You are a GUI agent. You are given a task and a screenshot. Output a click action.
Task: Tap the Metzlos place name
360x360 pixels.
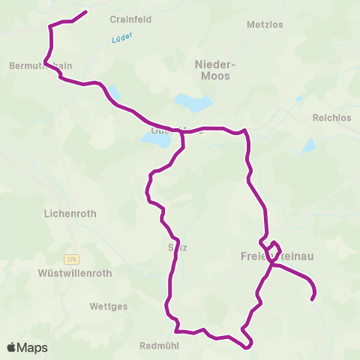(265, 25)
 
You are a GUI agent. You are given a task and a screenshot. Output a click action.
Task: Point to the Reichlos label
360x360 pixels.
(331, 118)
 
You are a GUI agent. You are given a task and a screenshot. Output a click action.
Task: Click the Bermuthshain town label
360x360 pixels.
(40, 65)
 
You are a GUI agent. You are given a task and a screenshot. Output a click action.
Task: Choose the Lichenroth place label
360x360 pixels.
(71, 213)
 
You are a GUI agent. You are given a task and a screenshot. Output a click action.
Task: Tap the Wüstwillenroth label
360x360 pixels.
(74, 274)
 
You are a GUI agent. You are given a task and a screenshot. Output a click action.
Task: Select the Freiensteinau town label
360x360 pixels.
(277, 256)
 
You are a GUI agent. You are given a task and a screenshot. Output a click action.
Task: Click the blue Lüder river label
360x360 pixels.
(120, 40)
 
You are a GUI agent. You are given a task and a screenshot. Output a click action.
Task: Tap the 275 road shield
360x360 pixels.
(71, 259)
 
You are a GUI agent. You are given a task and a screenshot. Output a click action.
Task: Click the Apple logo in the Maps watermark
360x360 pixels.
(11, 347)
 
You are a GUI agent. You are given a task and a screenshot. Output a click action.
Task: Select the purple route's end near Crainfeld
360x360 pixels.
(86, 12)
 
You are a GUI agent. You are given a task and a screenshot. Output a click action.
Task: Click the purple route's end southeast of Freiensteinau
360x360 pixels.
(312, 300)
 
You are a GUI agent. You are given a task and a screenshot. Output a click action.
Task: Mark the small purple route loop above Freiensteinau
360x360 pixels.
(272, 248)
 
